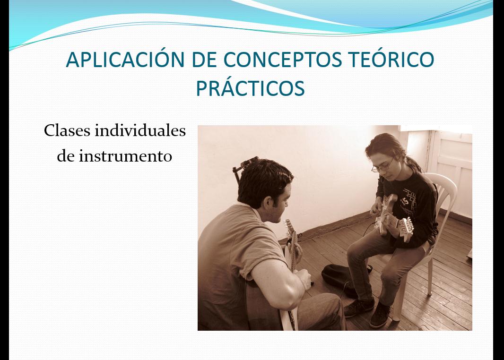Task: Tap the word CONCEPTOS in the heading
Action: pos(283,60)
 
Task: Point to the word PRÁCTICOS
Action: pos(250,87)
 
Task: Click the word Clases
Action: pos(67,130)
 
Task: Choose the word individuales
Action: pos(140,130)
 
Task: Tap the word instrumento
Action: pos(126,156)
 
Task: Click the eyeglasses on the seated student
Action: pos(382,166)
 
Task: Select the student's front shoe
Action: pos(380,315)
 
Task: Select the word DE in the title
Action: pos(204,60)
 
